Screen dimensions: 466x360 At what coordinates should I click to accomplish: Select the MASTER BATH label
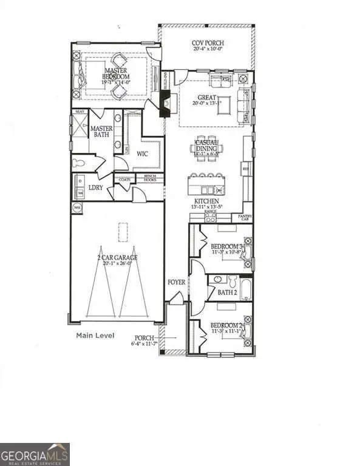(102, 133)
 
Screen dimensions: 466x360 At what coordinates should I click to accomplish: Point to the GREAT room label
(207, 97)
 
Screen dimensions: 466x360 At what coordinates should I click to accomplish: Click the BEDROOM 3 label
(227, 246)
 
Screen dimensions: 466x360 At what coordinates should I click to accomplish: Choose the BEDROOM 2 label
(227, 326)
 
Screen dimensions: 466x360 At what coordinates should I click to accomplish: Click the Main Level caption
(95, 335)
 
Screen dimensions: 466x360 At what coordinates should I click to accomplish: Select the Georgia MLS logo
(35, 454)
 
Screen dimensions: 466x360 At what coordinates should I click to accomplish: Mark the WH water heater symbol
(76, 208)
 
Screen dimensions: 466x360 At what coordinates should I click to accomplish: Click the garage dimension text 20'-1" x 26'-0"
(117, 264)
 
